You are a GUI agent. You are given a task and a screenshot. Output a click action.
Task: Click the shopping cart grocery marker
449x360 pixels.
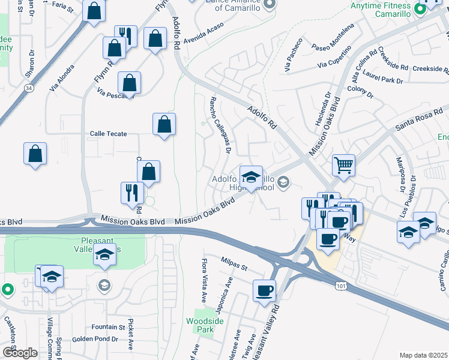[x=343, y=164]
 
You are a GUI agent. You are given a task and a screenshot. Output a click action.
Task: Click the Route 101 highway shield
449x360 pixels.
[x=341, y=286]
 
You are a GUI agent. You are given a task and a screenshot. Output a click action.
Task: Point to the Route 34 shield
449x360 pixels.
[x=28, y=88]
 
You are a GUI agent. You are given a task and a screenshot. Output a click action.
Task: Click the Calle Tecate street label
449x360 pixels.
[x=108, y=133]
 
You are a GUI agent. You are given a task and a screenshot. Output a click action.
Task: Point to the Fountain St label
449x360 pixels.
[x=108, y=327]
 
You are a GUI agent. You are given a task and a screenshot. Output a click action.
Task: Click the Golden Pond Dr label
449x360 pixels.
[x=95, y=339]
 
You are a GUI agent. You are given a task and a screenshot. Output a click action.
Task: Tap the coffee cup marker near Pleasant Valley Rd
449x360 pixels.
[x=264, y=292]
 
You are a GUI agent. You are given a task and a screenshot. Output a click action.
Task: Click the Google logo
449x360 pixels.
[x=20, y=353]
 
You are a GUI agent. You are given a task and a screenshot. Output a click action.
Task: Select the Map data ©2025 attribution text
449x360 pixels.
[x=424, y=355]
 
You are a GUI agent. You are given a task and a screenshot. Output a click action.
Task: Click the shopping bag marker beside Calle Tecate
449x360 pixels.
[x=164, y=125]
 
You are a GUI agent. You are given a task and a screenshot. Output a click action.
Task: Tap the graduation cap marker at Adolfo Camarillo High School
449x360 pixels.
[x=251, y=176]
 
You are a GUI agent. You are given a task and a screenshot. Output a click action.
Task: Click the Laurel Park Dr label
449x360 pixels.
[x=382, y=79]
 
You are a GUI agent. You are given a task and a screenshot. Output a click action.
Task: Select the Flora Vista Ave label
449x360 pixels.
[x=204, y=280]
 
